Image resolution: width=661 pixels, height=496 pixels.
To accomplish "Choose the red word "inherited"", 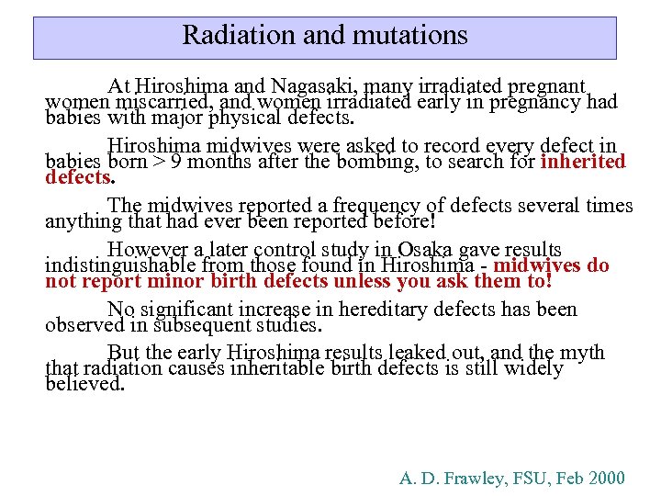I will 583,162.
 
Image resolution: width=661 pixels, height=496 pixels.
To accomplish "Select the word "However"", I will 146,250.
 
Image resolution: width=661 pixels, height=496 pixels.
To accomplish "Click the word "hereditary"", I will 369,310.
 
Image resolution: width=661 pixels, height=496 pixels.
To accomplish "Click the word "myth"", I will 579,353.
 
